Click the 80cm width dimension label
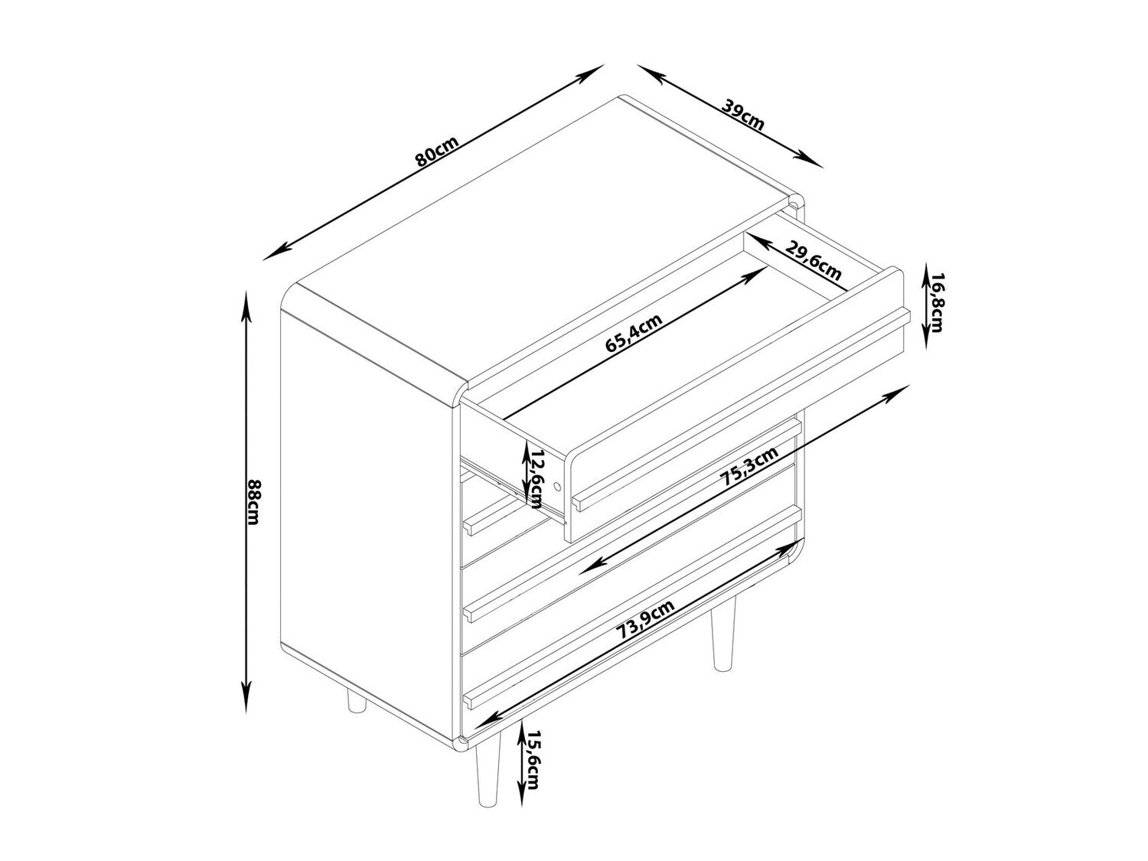click(436, 151)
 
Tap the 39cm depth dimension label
click(742, 114)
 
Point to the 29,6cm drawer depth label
click(813, 262)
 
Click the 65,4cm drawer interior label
click(634, 332)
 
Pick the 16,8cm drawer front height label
click(935, 302)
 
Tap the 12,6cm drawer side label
click(535, 477)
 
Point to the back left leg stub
click(357, 701)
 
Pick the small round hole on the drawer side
click(557, 486)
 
